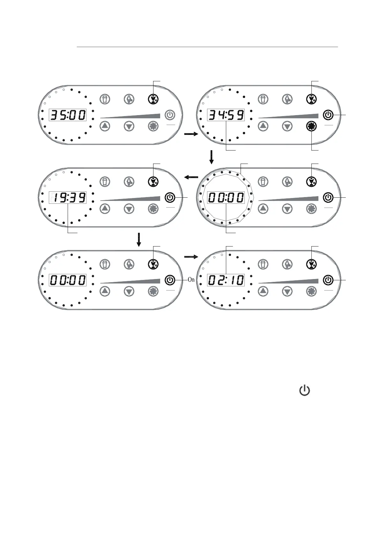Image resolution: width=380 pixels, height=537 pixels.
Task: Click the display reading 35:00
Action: coord(68,115)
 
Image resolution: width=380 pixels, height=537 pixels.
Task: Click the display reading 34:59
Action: coord(226,115)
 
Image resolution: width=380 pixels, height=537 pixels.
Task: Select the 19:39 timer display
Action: coord(68,198)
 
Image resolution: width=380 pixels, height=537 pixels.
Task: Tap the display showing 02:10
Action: coord(226,280)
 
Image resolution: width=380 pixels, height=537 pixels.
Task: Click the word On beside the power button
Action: coord(191,280)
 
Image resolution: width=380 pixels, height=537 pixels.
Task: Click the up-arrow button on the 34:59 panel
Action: coord(263,126)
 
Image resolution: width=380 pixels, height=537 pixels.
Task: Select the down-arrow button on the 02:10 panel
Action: coord(287,291)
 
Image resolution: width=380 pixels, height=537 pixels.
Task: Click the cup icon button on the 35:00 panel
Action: coord(105,99)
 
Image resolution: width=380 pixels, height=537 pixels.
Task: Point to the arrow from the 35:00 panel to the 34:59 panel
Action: coord(191,135)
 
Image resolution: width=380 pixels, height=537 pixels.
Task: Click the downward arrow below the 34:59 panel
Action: coord(211,157)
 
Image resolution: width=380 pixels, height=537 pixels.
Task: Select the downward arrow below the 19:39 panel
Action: coord(139,239)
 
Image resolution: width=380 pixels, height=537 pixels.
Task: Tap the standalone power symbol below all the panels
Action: coord(304,390)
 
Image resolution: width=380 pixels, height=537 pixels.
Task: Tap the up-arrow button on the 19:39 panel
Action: coord(105,209)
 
